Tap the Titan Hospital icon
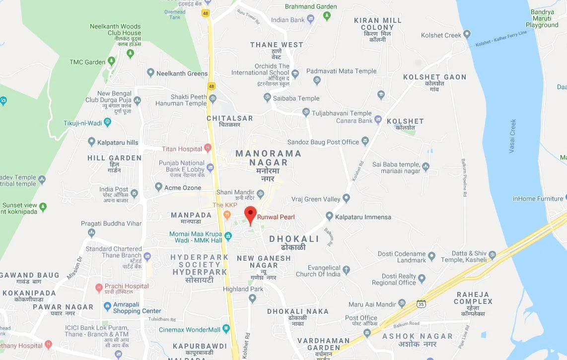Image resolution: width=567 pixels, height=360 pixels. pos(208,148)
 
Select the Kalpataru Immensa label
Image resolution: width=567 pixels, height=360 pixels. pos(362,217)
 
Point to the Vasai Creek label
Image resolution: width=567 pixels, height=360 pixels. pos(513,136)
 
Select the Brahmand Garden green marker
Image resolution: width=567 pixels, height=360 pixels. pos(327,16)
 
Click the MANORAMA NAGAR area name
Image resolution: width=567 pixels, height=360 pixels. pos(269,158)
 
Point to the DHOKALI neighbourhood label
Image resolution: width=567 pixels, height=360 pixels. pos(294,239)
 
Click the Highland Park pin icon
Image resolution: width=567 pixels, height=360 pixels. pos(252,298)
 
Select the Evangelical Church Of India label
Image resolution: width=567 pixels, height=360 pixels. pos(318,271)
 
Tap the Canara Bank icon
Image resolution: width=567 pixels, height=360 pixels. pos(378,120)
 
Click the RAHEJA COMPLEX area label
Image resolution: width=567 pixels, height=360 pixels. pos(473,298)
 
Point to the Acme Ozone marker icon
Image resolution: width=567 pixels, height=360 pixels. pos(159,187)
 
